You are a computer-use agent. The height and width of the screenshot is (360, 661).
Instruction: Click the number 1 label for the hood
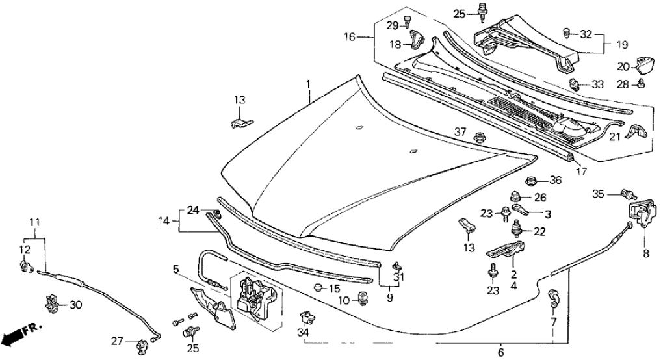click(309, 84)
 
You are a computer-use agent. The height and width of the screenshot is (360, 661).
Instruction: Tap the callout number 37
click(460, 131)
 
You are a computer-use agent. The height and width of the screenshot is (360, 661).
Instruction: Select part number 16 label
click(349, 38)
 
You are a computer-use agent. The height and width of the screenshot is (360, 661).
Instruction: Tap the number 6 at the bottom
click(500, 352)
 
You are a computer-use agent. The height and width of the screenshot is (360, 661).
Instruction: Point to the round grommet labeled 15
click(318, 288)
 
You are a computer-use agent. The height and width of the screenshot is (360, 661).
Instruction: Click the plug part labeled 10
click(363, 298)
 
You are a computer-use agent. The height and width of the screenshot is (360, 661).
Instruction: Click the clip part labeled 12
click(26, 265)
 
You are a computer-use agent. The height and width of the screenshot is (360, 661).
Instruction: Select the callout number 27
click(116, 341)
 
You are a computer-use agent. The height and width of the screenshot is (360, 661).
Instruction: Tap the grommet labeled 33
click(574, 84)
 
